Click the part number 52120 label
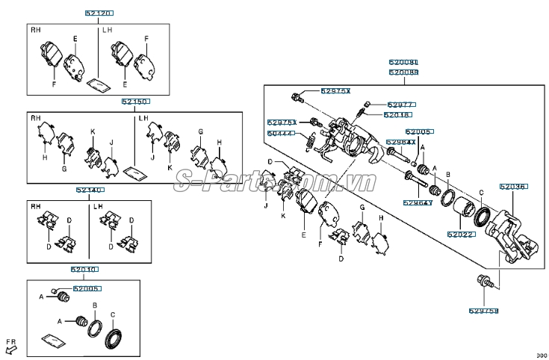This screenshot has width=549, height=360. pos(100,13)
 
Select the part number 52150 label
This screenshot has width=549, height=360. pos(135,101)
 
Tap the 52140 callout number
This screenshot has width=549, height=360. pos(89,190)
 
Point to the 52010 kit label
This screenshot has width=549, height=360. pos(84,269)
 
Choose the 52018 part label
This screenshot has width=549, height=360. pos(397,115)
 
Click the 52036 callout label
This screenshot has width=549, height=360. pos(513,188)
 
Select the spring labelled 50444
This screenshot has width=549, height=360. pos(308,140)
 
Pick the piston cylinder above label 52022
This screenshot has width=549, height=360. pos(464,212)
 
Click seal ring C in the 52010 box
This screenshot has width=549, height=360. pos(114,338)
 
